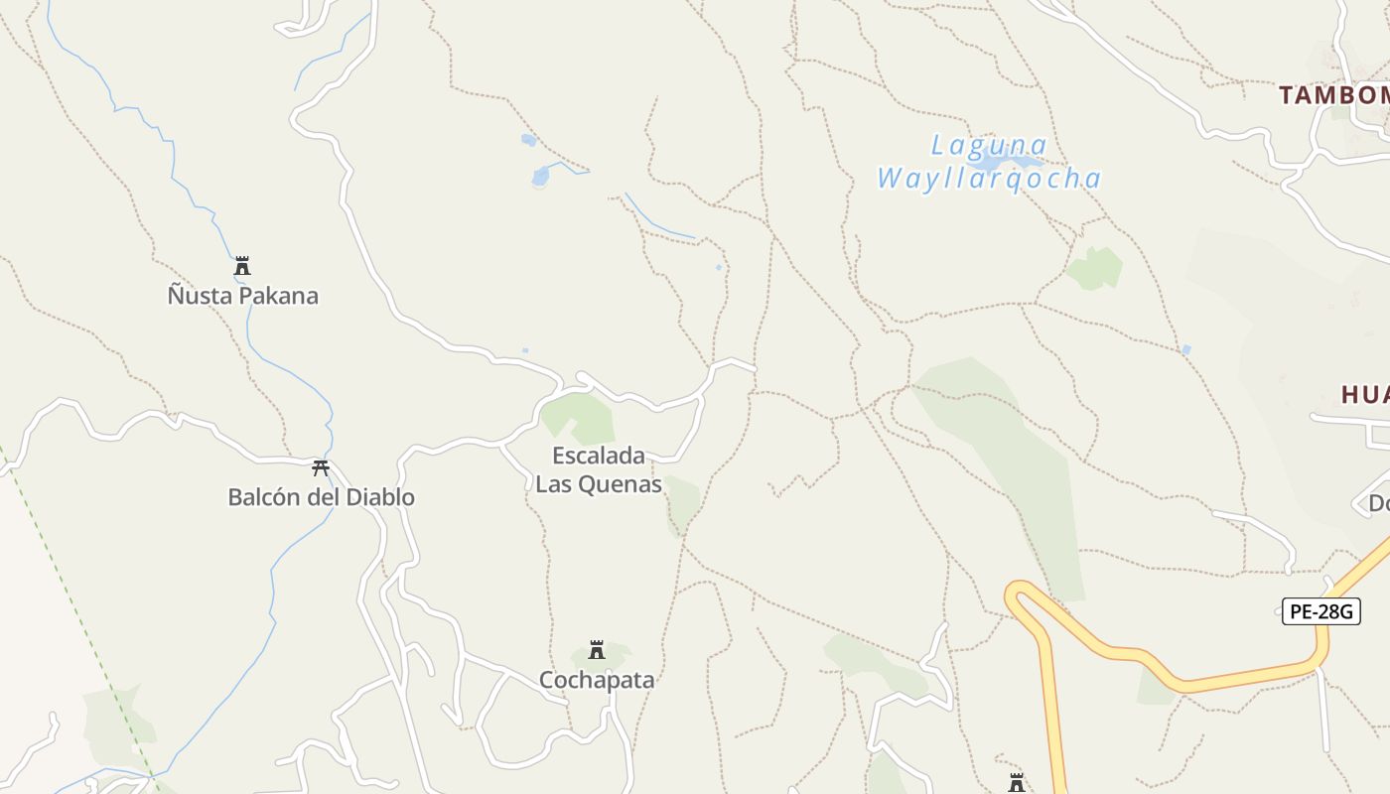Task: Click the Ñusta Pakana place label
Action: pos(243,296)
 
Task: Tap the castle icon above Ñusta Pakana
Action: pos(242,266)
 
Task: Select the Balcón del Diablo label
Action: pos(321,497)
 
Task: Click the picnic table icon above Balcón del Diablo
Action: pos(320,467)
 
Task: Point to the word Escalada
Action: pos(598,457)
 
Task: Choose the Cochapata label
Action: pos(597,680)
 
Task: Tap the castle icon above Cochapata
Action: pos(597,650)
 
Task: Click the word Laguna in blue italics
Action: pos(989,146)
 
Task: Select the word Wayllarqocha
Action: pos(989,179)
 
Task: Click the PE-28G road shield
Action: pos(1320,611)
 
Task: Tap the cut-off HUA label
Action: pos(1365,395)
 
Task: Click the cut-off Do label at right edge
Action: pos(1379,504)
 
